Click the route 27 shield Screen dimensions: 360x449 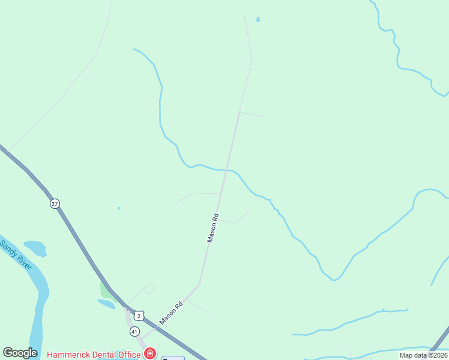tap(55, 204)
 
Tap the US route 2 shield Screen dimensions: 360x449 tap(139, 316)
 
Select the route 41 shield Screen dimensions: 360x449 tap(134, 331)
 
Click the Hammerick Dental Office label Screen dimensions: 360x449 tap(94, 354)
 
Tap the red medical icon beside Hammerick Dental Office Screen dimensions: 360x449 tap(149, 354)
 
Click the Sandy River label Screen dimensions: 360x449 tap(16, 254)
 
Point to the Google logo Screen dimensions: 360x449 tap(20, 353)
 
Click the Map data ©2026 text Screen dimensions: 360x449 tap(424, 355)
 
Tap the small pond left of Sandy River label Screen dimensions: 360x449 tap(35, 248)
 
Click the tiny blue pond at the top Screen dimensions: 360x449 tap(258, 19)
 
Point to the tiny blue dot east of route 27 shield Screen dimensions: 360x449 tap(119, 208)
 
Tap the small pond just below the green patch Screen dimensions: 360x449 tap(106, 304)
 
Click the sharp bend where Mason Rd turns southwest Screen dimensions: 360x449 tap(199, 284)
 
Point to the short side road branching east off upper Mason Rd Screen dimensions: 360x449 tap(252, 114)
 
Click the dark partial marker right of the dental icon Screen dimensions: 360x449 tap(173, 358)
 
